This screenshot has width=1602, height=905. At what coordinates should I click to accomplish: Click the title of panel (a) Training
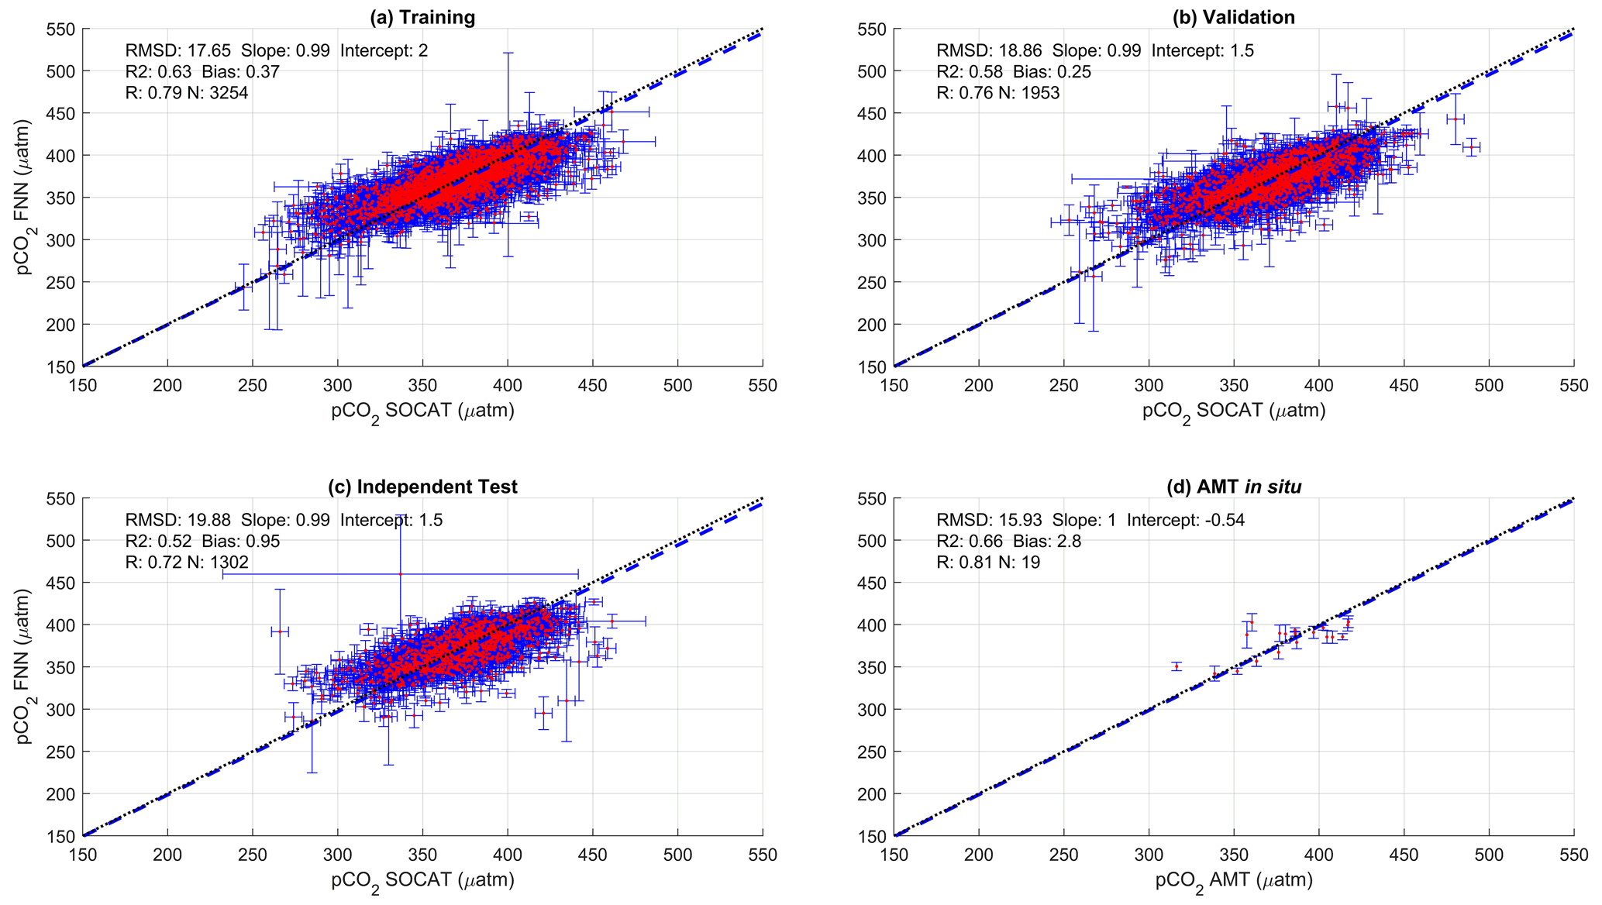click(422, 17)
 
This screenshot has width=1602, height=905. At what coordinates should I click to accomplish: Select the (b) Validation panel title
click(1233, 17)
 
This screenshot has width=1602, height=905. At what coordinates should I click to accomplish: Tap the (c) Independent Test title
click(422, 487)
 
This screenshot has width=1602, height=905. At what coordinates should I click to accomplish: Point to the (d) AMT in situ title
click(1234, 487)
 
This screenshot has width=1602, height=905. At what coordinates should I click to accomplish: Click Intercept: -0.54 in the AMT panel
click(1186, 520)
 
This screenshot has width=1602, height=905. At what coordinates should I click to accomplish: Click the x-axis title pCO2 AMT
click(1234, 882)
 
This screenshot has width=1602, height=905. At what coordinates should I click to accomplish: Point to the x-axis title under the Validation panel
click(1234, 411)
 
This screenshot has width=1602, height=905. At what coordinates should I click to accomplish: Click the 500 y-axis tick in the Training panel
click(62, 71)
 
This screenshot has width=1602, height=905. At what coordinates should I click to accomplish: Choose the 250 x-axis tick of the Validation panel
click(1063, 385)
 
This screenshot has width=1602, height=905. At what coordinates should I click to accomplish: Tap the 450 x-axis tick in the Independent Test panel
click(593, 855)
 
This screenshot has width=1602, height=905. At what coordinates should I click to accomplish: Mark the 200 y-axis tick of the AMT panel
click(873, 794)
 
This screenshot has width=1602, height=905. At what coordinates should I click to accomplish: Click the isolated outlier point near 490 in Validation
click(1471, 147)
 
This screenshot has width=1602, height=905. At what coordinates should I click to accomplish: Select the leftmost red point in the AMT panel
click(1177, 666)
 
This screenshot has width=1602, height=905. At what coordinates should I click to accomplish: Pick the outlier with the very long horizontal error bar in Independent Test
click(400, 574)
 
